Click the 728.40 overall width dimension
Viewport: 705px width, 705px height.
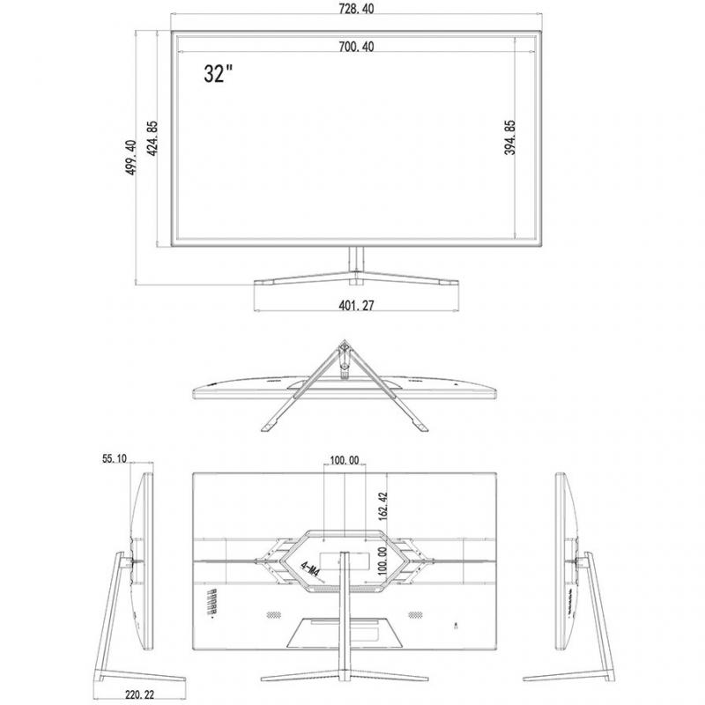coord(356,8)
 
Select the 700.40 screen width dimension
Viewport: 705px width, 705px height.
coord(356,47)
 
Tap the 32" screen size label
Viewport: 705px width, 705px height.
coord(219,73)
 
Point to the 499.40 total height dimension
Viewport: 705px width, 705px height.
coord(130,158)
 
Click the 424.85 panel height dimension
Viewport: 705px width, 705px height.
coord(152,138)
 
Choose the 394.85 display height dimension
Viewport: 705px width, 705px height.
coord(509,137)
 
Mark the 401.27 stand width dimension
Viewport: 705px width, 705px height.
coord(356,305)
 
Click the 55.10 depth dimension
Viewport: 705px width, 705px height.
coord(115,458)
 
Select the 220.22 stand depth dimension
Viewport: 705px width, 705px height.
coord(139,694)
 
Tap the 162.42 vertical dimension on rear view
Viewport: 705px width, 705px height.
coord(383,506)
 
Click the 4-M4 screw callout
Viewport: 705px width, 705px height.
coord(310,568)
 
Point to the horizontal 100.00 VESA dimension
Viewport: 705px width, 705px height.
coord(345,460)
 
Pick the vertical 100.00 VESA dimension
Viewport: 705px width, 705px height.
coord(382,560)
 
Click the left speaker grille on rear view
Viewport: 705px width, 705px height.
coord(273,614)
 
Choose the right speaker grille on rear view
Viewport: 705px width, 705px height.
coord(415,614)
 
